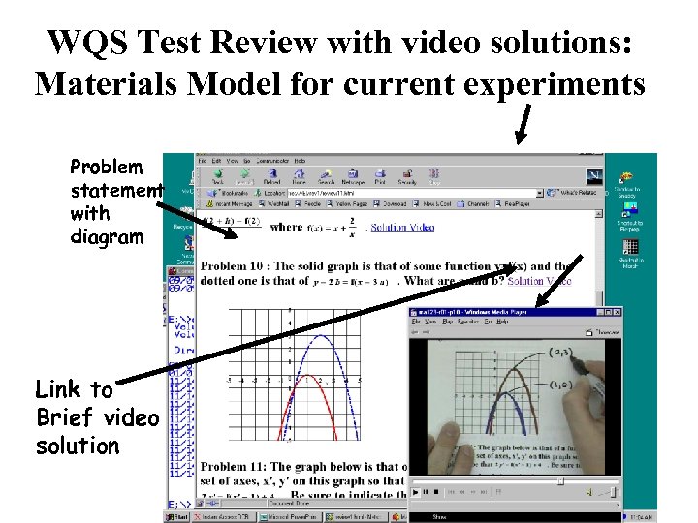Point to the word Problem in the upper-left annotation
(107, 167)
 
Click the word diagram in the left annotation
(107, 236)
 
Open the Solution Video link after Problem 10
(539, 281)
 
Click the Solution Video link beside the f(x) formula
(402, 227)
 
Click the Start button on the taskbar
(179, 516)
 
